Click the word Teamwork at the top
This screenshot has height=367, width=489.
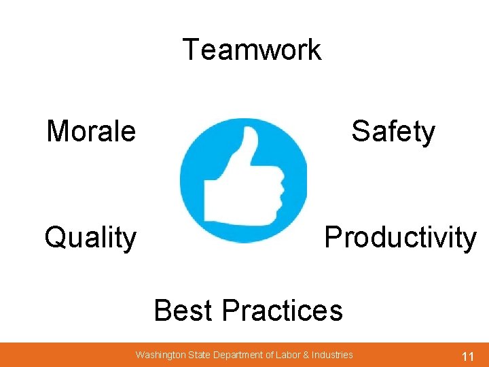251,50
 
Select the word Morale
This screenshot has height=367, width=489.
91,130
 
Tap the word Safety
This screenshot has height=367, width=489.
393,131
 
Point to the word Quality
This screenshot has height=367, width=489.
90,239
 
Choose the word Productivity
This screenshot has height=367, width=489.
400,238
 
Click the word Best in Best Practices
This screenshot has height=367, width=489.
185,311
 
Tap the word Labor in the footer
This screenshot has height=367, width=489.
288,355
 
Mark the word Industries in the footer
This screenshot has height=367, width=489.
332,355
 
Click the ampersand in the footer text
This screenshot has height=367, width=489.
306,355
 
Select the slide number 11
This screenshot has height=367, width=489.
467,355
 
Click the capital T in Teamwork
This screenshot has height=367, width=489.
191,50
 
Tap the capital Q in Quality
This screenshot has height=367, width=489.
54,238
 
